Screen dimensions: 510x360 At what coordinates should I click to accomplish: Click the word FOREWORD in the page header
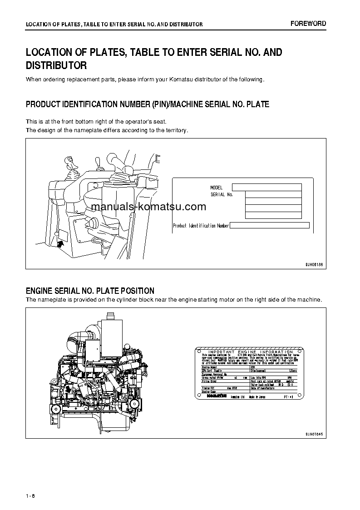(308, 24)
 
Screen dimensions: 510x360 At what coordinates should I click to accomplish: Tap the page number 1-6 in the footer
(30, 495)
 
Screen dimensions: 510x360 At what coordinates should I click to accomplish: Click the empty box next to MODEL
(266, 187)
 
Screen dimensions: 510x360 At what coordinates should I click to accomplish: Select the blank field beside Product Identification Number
(270, 225)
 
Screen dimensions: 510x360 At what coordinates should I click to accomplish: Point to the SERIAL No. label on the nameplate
(222, 194)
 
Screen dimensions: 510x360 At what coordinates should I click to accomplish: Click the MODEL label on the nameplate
(217, 188)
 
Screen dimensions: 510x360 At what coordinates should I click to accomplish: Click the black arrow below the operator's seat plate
(61, 244)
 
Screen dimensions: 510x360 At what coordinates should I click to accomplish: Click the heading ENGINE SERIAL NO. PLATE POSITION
(90, 291)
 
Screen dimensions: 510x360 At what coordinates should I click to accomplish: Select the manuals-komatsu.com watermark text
(148, 207)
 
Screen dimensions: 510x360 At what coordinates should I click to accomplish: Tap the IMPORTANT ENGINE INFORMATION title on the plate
(250, 352)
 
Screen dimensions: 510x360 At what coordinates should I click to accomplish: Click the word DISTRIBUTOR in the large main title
(56, 65)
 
